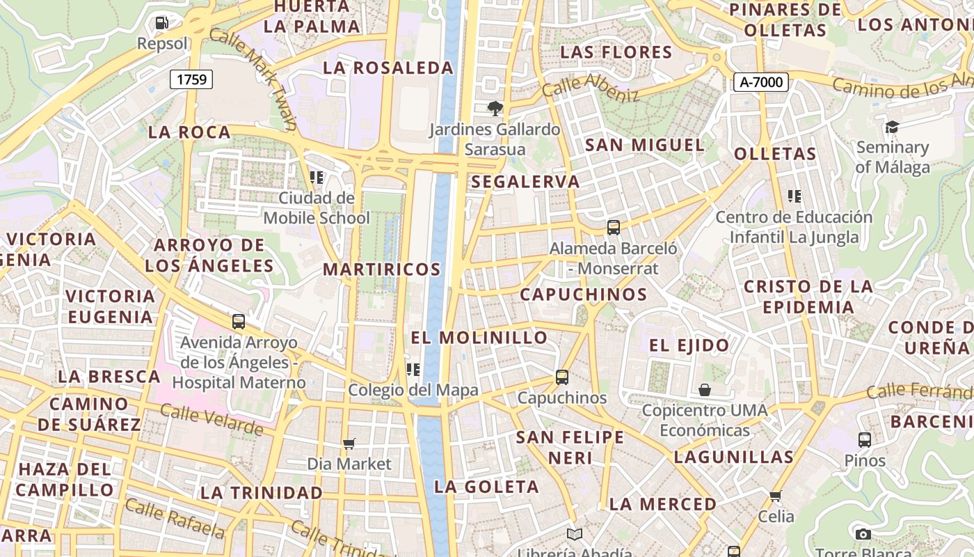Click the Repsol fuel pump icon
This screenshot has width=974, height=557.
(161, 23)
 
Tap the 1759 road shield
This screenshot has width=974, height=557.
(191, 79)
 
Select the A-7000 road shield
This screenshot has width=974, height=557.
(760, 82)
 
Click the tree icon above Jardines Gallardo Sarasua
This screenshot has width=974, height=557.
(495, 108)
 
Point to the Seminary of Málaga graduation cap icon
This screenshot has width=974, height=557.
(892, 127)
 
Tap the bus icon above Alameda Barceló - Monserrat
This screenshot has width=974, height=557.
(613, 227)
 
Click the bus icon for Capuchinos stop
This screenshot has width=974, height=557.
(561, 377)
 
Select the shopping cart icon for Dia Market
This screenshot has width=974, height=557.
(349, 444)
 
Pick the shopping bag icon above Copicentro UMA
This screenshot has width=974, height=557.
(704, 390)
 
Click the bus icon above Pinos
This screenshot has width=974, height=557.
(864, 440)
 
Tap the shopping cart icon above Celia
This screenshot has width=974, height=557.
(776, 496)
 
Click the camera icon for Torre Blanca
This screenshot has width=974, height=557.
(863, 534)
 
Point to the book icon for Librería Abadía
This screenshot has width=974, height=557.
(574, 535)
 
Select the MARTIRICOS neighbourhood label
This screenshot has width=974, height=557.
(382, 269)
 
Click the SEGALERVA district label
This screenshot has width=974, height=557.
(525, 182)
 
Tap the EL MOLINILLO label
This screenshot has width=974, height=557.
(479, 338)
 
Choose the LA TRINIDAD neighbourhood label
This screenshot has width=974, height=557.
(262, 493)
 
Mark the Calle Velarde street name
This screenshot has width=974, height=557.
(211, 419)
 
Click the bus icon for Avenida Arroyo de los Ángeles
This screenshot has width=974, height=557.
(239, 322)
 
